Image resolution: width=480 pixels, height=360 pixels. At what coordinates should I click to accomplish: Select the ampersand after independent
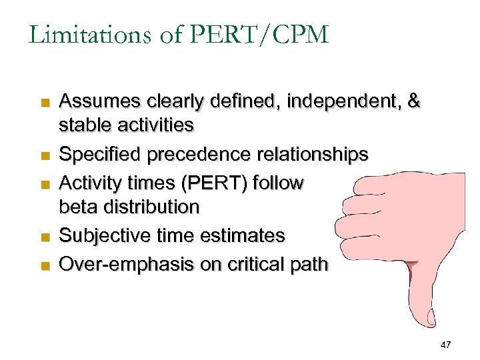(x=414, y=101)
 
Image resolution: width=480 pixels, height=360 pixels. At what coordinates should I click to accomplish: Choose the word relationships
(x=310, y=155)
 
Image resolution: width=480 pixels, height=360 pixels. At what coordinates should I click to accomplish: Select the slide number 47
(x=446, y=345)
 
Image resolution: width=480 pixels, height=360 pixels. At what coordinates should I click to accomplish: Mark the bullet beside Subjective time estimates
(x=45, y=237)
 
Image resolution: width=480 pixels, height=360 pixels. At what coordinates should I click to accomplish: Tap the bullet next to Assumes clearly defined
(x=45, y=103)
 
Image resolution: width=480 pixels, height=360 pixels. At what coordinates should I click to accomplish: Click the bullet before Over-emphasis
(x=45, y=266)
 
